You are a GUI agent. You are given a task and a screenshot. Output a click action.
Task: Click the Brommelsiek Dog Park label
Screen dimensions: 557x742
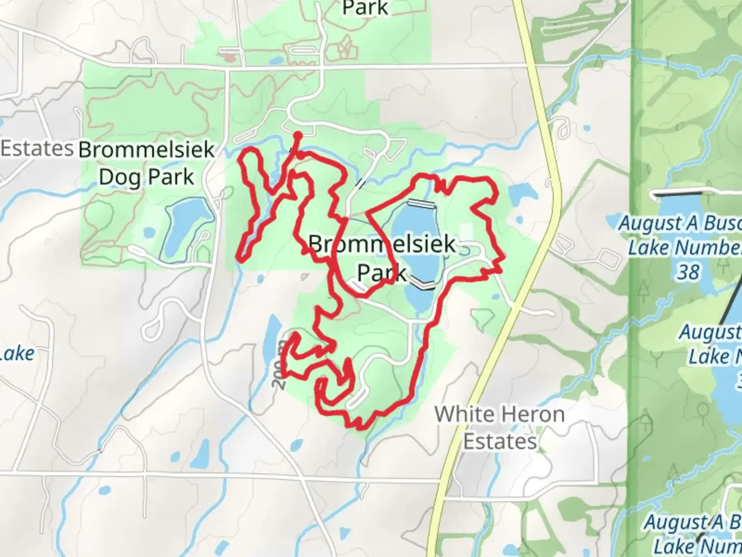(146, 163)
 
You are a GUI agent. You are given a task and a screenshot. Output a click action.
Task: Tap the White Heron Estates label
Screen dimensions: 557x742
(499, 428)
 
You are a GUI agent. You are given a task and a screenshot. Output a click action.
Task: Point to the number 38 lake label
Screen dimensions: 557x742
(688, 272)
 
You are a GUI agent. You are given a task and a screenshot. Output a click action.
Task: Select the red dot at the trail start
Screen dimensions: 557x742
(297, 136)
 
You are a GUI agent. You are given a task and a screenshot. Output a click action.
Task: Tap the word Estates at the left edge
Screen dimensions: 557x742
(37, 149)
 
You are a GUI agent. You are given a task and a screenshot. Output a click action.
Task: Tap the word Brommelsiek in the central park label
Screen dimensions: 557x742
(382, 244)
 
